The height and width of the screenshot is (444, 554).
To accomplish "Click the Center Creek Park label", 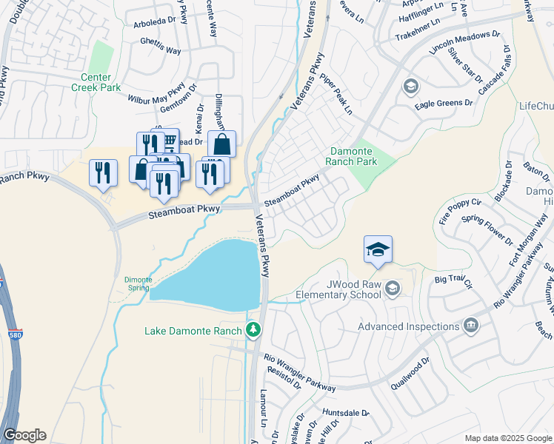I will pyautogui.click(x=96, y=82).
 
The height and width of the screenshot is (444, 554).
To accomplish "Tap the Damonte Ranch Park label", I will pyautogui.click(x=353, y=156).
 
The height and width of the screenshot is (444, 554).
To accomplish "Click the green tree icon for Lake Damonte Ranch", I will pyautogui.click(x=254, y=329).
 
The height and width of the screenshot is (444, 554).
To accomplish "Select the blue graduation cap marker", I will pyautogui.click(x=378, y=249).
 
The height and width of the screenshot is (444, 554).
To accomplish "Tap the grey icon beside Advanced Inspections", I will pyautogui.click(x=470, y=326).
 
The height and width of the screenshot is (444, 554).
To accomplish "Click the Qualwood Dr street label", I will pyautogui.click(x=414, y=367).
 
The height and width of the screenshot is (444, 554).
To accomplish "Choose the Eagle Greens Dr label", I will pyautogui.click(x=443, y=104).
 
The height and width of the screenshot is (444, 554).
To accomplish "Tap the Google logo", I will pyautogui.click(x=24, y=435).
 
